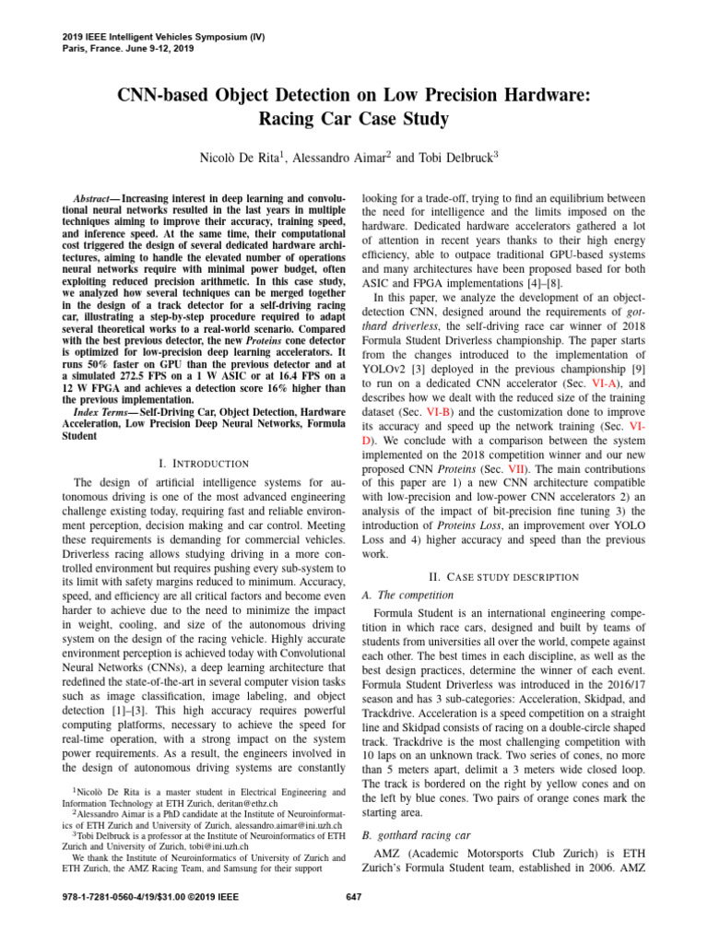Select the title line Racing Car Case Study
point(353,120)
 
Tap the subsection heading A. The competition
point(408,596)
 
